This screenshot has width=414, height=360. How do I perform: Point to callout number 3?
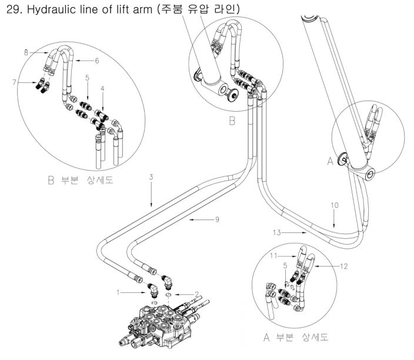click(x=151, y=176)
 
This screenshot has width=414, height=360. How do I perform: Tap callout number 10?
click(x=334, y=205)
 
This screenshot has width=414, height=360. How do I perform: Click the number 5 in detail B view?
click(x=87, y=77)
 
